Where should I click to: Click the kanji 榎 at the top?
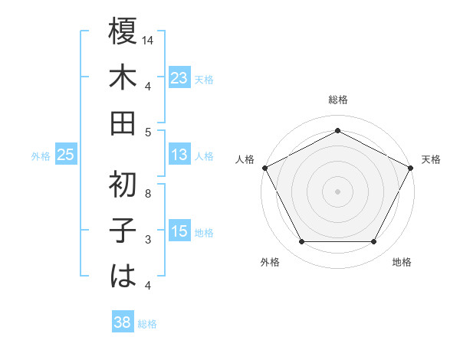coord(123,33)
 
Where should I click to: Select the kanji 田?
coord(123,123)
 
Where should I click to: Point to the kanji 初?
coord(123,185)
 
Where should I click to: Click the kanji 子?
coord(123,230)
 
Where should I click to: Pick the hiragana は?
coord(123,275)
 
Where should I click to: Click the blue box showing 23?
coord(179,78)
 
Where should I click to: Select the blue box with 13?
coord(179,155)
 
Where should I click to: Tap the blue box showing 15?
coord(179,232)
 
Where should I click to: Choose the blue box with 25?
coord(66,155)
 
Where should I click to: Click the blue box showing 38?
coord(122,323)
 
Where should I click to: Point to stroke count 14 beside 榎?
coord(148,39)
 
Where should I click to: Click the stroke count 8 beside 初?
coord(148,194)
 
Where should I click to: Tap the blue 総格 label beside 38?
coord(147,324)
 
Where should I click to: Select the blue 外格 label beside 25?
coord(41,156)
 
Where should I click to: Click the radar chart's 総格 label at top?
coord(337,100)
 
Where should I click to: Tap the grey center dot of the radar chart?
coord(337,191)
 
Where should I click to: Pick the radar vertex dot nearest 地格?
coord(374,241)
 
